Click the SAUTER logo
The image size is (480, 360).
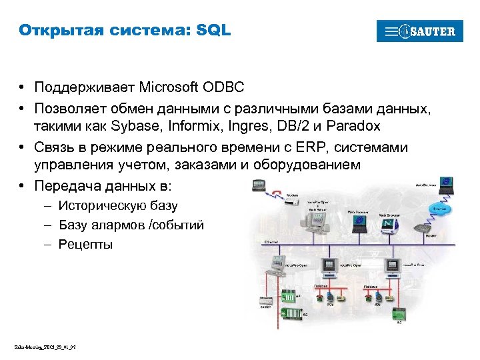[x=419, y=31]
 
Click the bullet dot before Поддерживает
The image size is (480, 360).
[x=23, y=87]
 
